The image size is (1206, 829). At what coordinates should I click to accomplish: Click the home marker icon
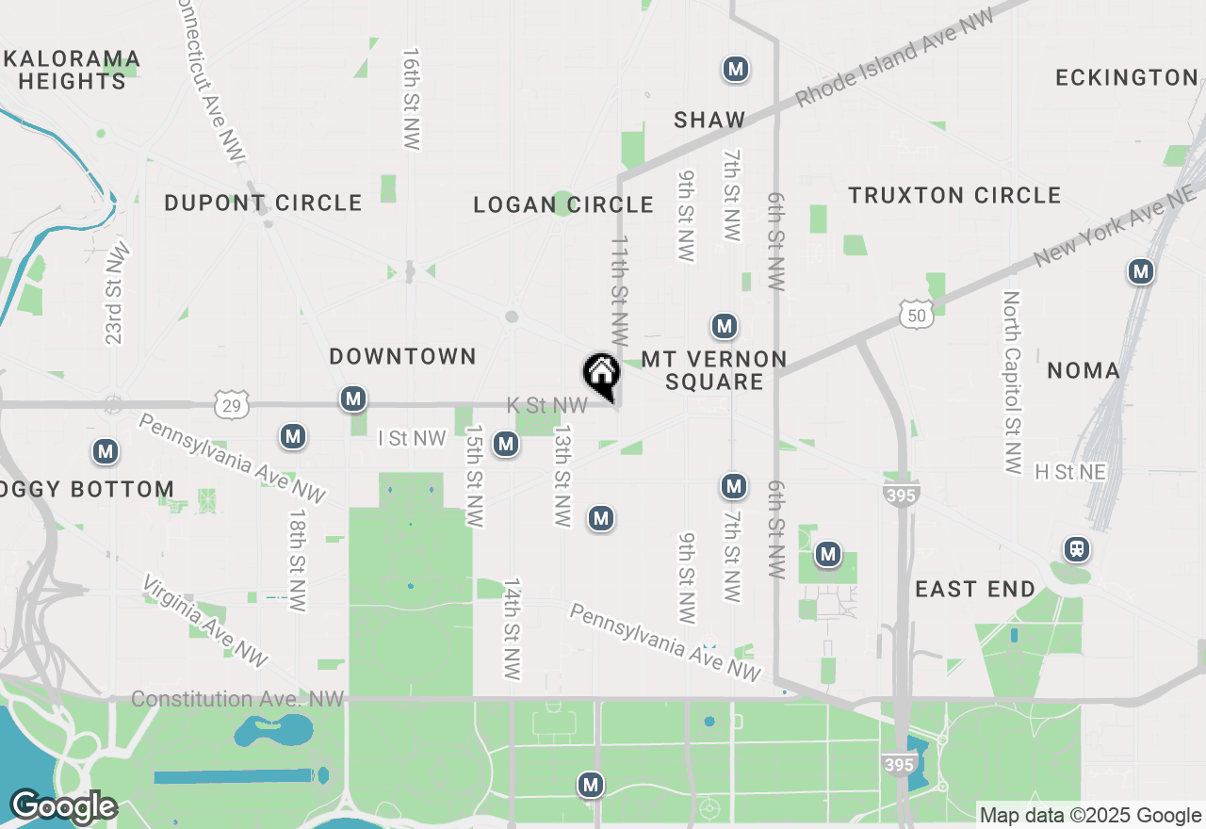[x=601, y=374]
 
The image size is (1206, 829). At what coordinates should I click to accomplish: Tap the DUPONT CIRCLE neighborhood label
[x=263, y=203]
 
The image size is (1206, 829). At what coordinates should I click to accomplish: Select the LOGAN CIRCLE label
[x=563, y=204]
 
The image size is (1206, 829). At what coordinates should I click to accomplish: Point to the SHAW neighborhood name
[x=709, y=120]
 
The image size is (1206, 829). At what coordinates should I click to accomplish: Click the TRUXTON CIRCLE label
[x=954, y=195]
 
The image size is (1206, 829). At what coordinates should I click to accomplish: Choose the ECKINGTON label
[x=1126, y=77]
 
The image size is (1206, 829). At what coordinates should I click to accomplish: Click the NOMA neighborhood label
[x=1084, y=370]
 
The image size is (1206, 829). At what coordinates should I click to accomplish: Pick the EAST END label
[x=975, y=589]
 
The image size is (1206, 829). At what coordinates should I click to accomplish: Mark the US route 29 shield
[x=231, y=405]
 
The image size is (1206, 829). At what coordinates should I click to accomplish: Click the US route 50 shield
[x=916, y=315]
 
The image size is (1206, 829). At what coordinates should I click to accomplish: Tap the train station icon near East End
[x=1075, y=549]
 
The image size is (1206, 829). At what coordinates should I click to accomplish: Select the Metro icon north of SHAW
[x=736, y=69]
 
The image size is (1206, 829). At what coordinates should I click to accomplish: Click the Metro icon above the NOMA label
[x=1141, y=272]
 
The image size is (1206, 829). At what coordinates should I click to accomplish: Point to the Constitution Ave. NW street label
[x=238, y=699]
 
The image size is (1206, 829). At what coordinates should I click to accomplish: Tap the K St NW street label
[x=546, y=405]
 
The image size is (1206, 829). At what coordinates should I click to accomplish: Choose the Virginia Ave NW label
[x=205, y=620]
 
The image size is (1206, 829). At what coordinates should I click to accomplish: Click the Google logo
[x=64, y=807]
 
